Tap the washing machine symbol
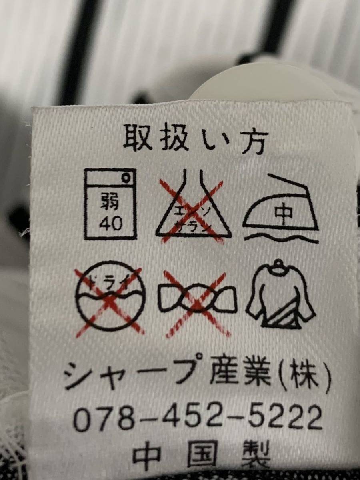tap(110, 204)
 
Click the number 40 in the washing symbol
tap(110, 224)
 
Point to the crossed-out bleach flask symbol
tap(193, 210)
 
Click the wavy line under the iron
tap(281, 238)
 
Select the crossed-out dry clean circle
tap(110, 298)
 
